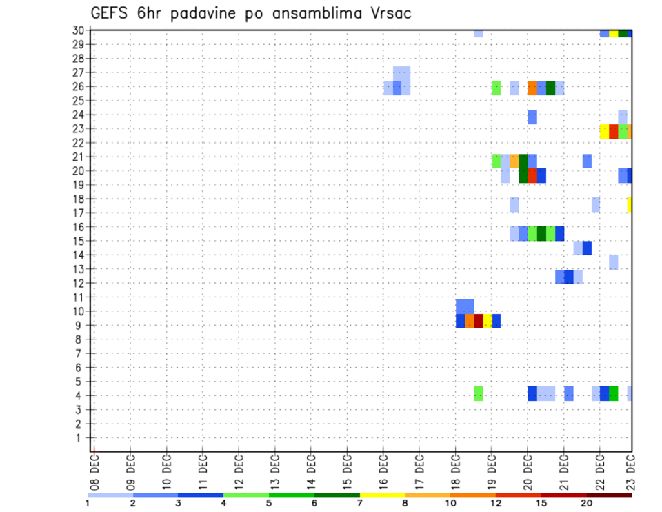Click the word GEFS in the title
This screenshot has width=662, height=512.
pos(113,14)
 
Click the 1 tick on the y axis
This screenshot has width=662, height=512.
pos(81,437)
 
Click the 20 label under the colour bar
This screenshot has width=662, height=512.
pos(586,504)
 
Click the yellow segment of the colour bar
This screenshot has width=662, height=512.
pos(383,495)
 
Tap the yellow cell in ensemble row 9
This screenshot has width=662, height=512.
pos(488,321)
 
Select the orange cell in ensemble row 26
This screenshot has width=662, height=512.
pos(532,88)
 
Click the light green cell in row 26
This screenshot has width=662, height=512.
pos(496,88)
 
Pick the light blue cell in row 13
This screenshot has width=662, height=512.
pos(613,262)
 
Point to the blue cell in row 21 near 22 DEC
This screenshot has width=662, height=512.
pos(587,161)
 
